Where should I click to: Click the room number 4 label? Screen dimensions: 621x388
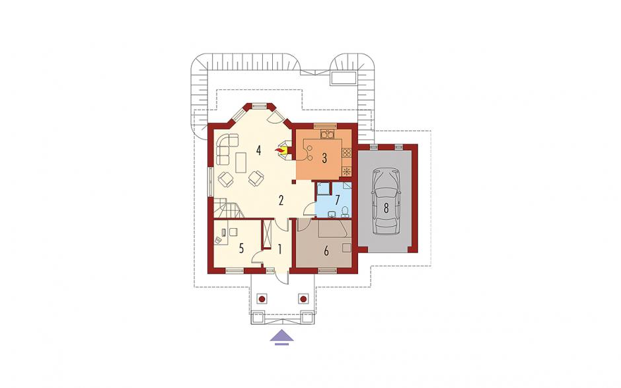pos(258,151)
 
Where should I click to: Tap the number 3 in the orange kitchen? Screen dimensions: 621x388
pos(324,159)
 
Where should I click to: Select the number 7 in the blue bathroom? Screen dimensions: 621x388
pos(338,199)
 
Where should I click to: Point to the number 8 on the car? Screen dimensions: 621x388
pos(386,208)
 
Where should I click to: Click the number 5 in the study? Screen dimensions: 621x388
pos(241,249)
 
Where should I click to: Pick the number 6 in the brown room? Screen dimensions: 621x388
pos(326,251)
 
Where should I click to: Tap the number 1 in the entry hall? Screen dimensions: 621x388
pos(280,249)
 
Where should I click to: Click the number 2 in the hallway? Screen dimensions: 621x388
pos(281,200)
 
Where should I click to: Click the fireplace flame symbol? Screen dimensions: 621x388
pos(280,151)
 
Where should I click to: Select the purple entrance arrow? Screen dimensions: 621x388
pos(281,338)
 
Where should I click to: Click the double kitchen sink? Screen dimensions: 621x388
pos(328,134)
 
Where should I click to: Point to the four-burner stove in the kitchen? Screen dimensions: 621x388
pos(347,153)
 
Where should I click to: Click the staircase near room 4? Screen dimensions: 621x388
pos(227,208)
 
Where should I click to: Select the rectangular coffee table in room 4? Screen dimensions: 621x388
pos(240,163)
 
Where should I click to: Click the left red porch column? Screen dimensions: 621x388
pos(262,299)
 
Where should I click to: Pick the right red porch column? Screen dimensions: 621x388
pos(303,299)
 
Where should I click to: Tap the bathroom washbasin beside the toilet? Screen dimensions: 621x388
pos(332,214)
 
